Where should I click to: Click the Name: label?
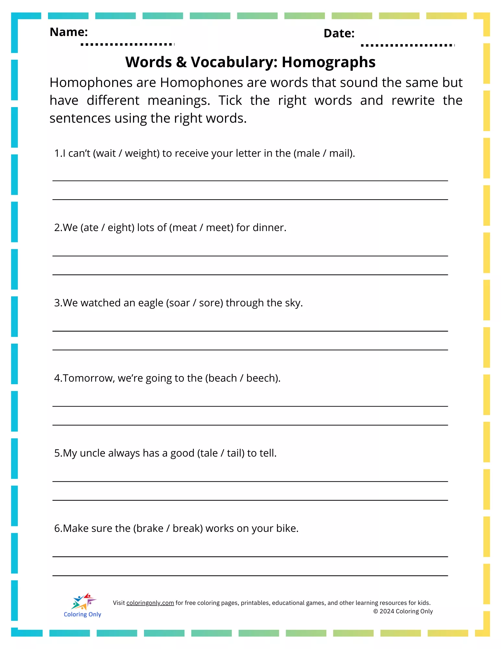pyautogui.click(x=68, y=32)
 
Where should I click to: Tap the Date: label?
pyautogui.click(x=339, y=33)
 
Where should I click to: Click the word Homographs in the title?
pyautogui.click(x=328, y=62)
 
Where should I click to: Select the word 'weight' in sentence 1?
pyautogui.click(x=142, y=153)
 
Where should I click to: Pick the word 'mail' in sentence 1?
pyautogui.click(x=340, y=153)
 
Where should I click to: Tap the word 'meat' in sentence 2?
pyautogui.click(x=185, y=227)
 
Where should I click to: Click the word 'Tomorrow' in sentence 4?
pyautogui.click(x=88, y=378)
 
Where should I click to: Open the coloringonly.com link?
pyautogui.click(x=150, y=603)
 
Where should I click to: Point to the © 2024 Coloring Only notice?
pyautogui.click(x=403, y=611)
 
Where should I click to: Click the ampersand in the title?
pyautogui.click(x=181, y=62)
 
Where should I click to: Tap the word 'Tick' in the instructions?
pyautogui.click(x=230, y=101)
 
